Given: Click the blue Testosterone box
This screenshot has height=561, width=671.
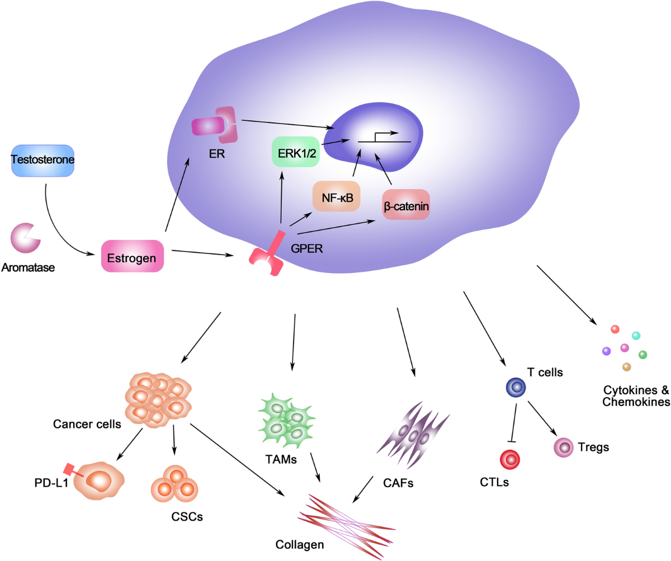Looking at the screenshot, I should (43, 161).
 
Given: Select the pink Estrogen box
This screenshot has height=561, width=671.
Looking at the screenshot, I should (133, 256).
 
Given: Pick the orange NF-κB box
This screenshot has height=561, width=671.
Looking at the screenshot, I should (337, 196).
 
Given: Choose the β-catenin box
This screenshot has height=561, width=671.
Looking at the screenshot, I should (406, 205).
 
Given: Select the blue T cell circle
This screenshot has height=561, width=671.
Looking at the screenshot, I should (515, 386).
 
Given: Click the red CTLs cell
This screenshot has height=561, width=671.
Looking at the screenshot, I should (510, 459).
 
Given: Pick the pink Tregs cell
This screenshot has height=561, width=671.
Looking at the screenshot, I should (564, 448).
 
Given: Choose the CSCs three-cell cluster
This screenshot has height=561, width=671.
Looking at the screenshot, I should (176, 485).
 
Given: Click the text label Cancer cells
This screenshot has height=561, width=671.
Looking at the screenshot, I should (87, 423).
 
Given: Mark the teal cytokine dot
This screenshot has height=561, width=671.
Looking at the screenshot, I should (635, 336).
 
